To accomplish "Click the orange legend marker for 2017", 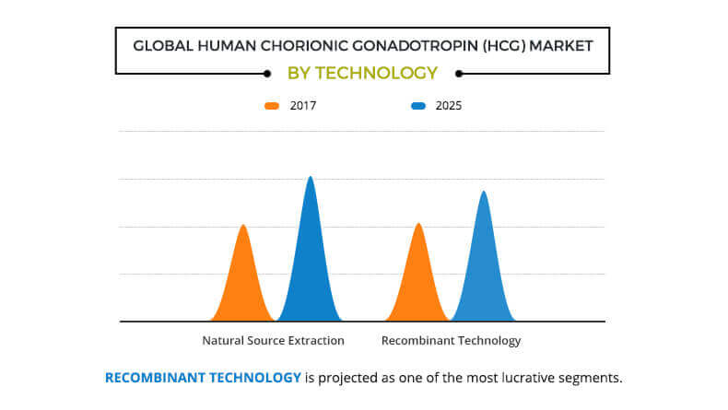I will [x=272, y=106].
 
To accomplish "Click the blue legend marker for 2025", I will [x=418, y=106].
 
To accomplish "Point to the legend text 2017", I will [x=303, y=106].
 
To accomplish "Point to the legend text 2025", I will [x=449, y=106].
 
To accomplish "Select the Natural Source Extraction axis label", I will [x=273, y=340].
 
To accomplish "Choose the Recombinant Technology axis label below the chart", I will [x=451, y=340].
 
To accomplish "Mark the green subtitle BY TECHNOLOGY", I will [x=362, y=73].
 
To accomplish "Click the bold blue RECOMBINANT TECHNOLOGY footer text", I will [x=203, y=378].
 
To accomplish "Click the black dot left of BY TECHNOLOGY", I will [x=267, y=73].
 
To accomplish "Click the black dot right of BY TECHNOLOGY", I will [x=458, y=73].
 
